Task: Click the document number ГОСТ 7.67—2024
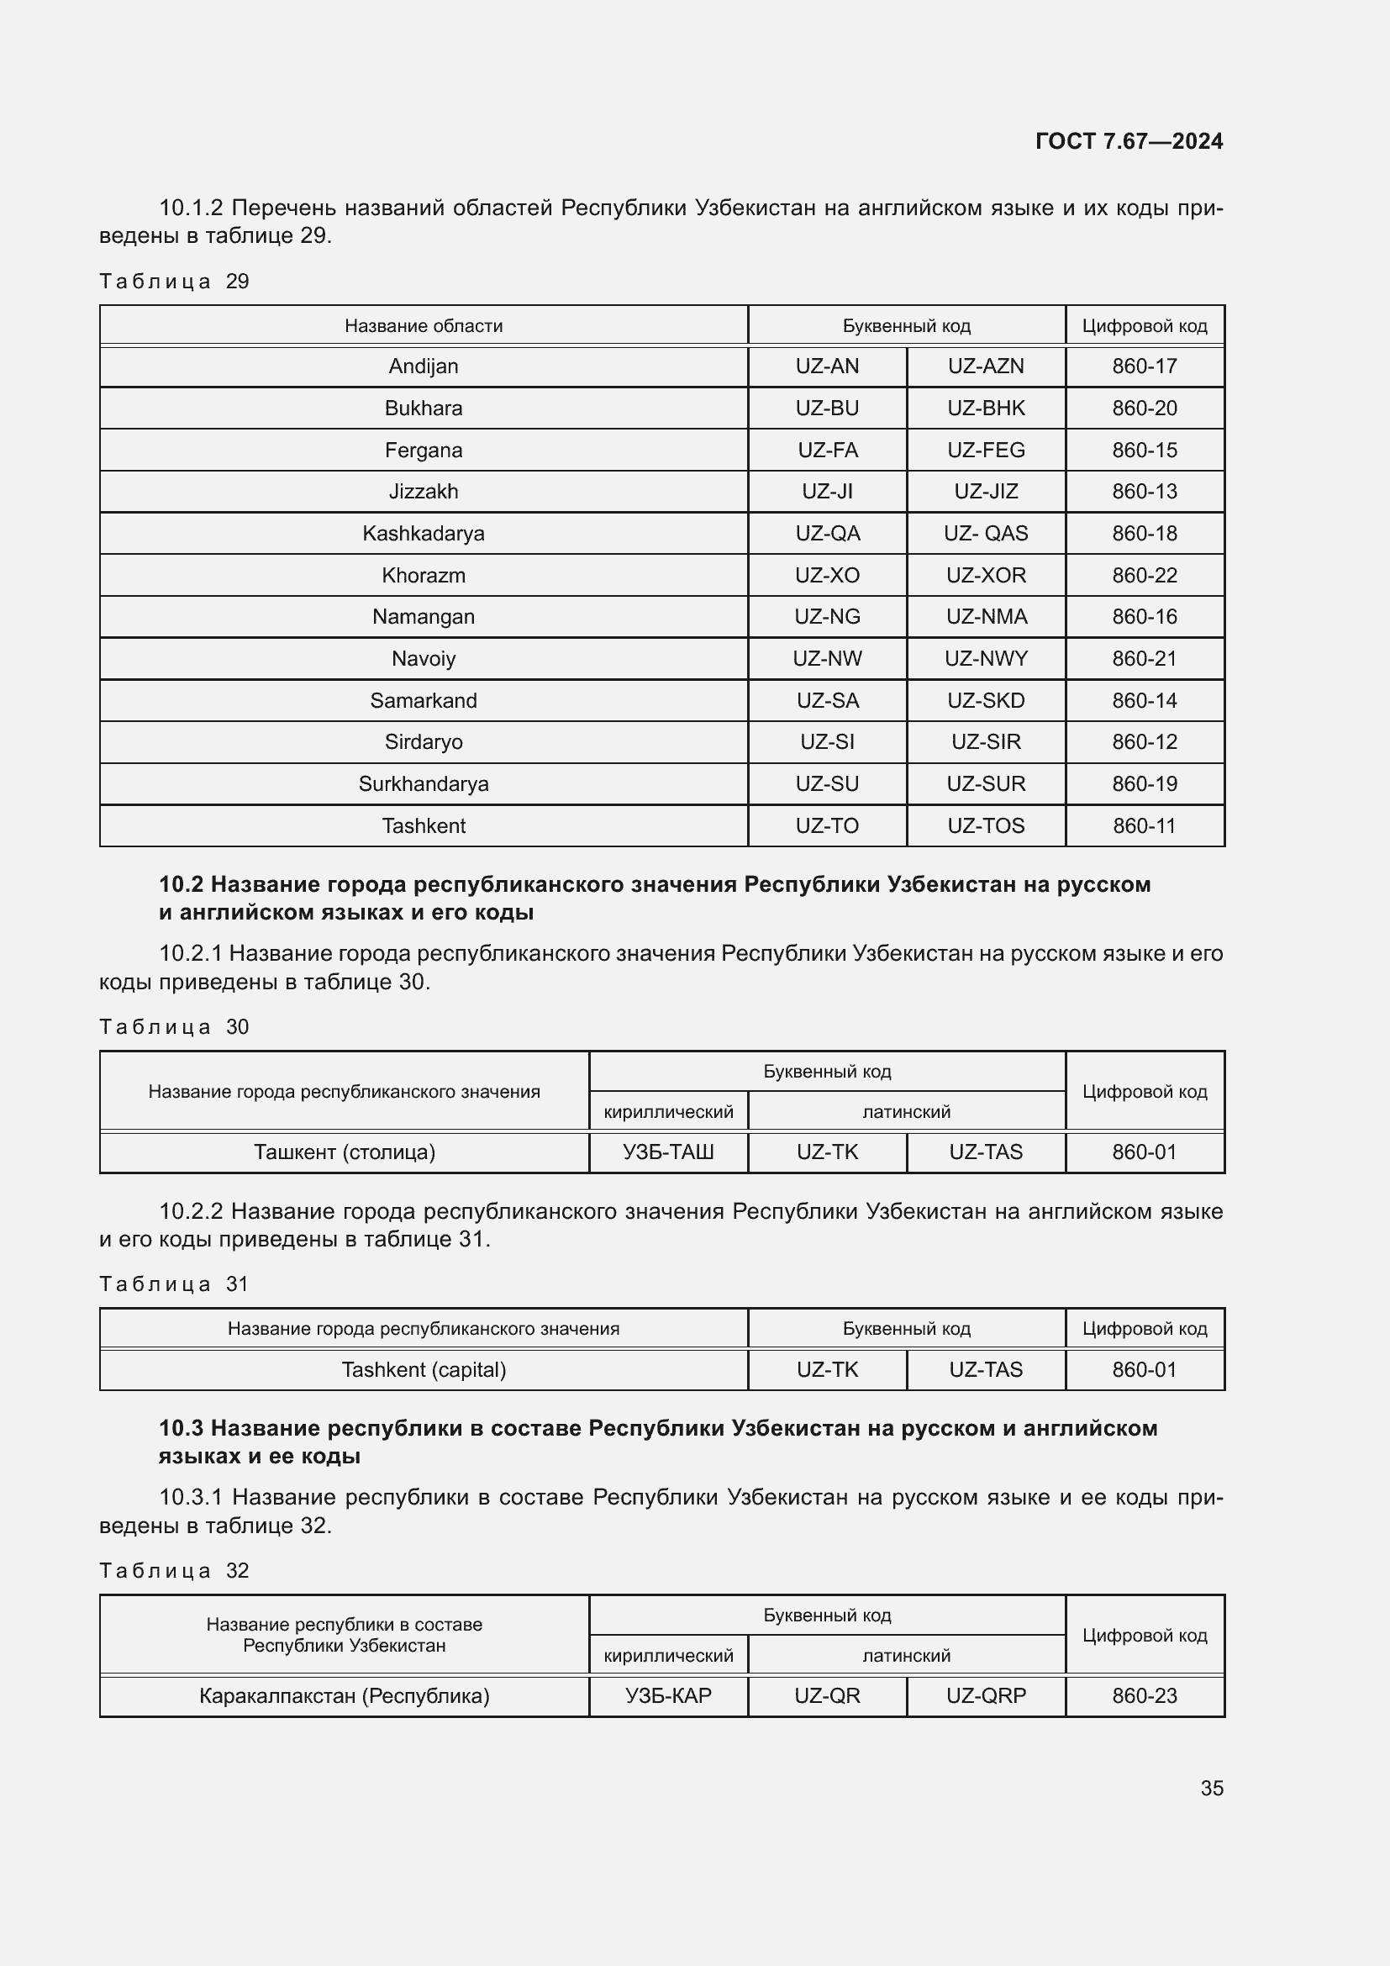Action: tap(1128, 141)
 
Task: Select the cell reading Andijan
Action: tap(423, 366)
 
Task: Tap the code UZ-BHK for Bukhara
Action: tap(985, 408)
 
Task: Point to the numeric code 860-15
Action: tap(1145, 451)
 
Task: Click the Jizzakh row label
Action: tap(423, 492)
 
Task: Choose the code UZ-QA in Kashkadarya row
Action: tap(827, 534)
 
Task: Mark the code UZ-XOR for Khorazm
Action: tap(985, 576)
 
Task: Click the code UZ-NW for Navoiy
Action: tap(827, 658)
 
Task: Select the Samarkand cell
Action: tap(423, 700)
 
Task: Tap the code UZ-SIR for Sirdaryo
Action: tap(985, 741)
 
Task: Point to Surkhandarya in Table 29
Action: tap(423, 783)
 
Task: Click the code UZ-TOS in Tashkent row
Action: tap(985, 825)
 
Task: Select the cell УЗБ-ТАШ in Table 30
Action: tap(667, 1152)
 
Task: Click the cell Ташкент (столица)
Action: tap(344, 1152)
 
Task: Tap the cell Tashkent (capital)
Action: tap(423, 1369)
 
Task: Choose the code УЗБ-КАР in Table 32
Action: tap(667, 1695)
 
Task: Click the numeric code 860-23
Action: tap(1145, 1695)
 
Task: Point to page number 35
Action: tap(1211, 1788)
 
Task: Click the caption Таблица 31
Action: tap(174, 1283)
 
